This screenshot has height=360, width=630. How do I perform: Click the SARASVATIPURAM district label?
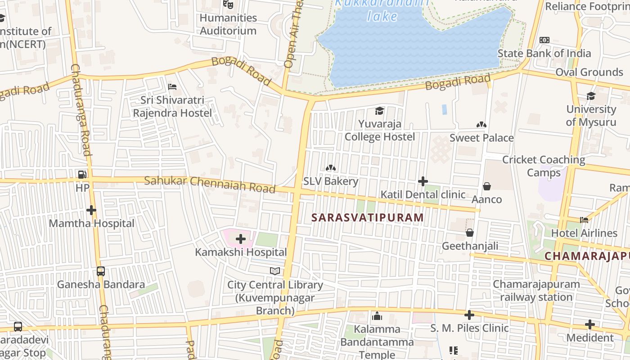[x=368, y=218]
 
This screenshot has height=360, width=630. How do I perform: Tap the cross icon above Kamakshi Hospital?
[x=241, y=238]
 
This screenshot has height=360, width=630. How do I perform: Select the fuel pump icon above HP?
[x=82, y=174]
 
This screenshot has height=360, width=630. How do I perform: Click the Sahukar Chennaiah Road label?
[x=210, y=184]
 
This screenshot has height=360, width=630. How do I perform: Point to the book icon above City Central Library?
[x=275, y=271]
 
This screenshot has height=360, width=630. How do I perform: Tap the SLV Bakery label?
[x=331, y=181]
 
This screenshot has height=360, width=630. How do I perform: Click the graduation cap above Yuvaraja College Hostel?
[x=380, y=111]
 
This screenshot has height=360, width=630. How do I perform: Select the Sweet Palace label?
[x=481, y=138]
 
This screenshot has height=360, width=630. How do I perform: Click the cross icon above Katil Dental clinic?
[x=423, y=181]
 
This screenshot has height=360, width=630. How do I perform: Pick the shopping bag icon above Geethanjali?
[x=470, y=233]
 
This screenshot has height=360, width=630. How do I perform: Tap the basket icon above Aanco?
[x=486, y=186]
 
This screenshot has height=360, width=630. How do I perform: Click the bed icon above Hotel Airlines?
[x=584, y=220]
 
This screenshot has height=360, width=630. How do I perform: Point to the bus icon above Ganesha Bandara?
[x=101, y=271]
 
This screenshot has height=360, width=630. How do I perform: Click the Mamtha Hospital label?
[x=91, y=223]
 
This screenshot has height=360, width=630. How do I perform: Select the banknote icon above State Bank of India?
[x=544, y=40]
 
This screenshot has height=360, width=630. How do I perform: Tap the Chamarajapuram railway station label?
[x=536, y=291]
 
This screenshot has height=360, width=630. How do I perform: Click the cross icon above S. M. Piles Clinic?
[x=469, y=315]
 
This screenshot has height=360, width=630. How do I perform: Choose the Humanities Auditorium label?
[x=228, y=24]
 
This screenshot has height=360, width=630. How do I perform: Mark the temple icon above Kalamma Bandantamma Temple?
[x=377, y=316]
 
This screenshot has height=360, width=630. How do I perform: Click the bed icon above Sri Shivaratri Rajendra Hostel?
[x=172, y=87]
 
